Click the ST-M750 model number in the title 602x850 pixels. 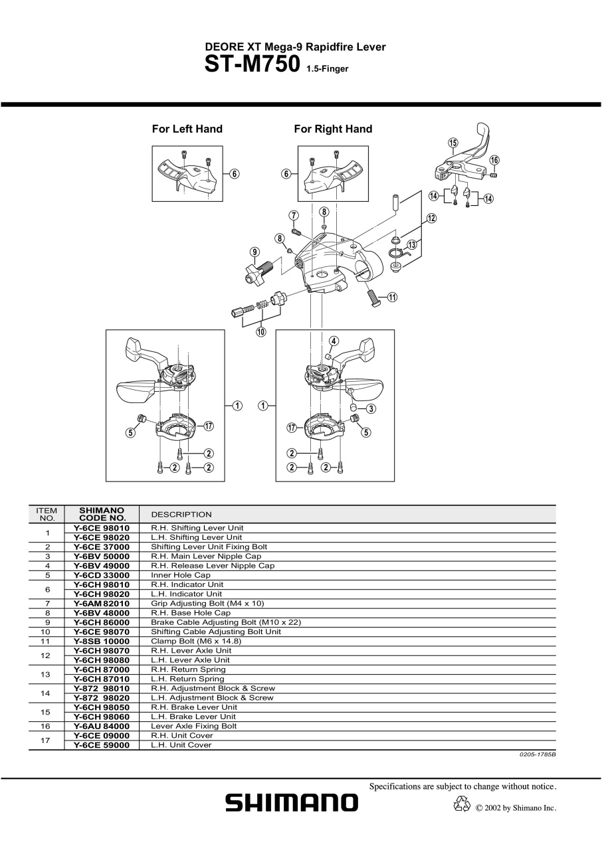click(x=252, y=64)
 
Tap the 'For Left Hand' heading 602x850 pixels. click(x=187, y=129)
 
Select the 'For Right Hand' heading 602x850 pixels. click(x=333, y=129)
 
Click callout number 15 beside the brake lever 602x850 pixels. click(x=452, y=143)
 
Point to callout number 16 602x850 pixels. click(x=494, y=160)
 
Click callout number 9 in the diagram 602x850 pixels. click(x=254, y=252)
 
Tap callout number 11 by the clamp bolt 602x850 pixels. click(x=393, y=297)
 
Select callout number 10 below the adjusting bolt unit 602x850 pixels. click(x=260, y=332)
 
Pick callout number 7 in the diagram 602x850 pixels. click(x=294, y=216)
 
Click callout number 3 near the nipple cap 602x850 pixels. click(x=371, y=408)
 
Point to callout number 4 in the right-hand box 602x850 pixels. click(x=334, y=341)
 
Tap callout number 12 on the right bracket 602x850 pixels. click(x=432, y=218)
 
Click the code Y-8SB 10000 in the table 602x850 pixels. click(x=102, y=641)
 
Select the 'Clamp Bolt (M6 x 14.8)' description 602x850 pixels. click(x=196, y=641)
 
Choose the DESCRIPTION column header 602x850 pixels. click(x=181, y=515)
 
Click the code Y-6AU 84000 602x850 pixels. click(x=102, y=726)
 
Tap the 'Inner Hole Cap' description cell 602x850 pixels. click(x=180, y=575)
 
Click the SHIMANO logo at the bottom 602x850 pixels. click(x=292, y=803)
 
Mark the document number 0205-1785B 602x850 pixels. click(x=538, y=754)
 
